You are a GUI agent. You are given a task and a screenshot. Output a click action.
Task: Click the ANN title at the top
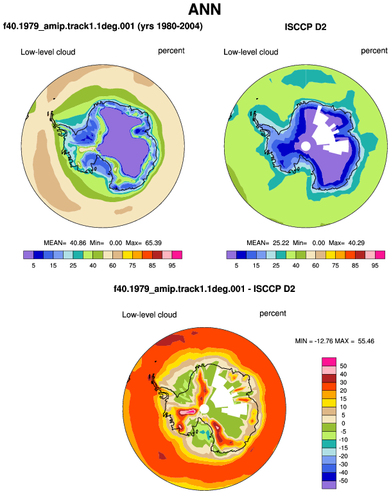tap(204, 9)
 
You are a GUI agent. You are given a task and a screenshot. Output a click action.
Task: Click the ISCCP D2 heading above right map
tap(305, 27)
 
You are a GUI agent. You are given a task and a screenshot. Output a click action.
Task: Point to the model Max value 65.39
tap(153, 243)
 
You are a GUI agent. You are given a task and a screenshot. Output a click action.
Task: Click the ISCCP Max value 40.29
tap(356, 243)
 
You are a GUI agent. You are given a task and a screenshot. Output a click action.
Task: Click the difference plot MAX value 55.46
tap(366, 341)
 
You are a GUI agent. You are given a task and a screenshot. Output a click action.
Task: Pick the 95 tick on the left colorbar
tap(172, 266)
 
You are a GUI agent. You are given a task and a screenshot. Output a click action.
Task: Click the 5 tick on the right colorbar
tap(236, 266)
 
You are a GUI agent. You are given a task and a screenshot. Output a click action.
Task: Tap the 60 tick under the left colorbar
tap(112, 266)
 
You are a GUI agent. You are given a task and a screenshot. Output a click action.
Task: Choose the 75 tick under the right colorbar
tap(335, 266)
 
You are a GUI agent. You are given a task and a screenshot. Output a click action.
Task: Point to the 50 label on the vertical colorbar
tap(343, 366)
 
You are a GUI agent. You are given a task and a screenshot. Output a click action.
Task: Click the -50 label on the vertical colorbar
tap(342, 481)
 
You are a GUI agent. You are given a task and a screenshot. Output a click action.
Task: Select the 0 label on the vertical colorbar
tap(343, 423)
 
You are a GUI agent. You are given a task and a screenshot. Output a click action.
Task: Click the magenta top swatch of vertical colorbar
tap(329, 362)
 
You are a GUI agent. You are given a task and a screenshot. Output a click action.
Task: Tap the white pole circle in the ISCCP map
tap(306, 146)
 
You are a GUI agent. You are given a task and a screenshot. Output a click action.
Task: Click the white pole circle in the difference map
tap(204, 409)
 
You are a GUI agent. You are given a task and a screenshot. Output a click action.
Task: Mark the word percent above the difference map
tap(273, 314)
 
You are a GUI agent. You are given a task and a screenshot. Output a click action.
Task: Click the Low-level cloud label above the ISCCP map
tap(250, 52)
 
